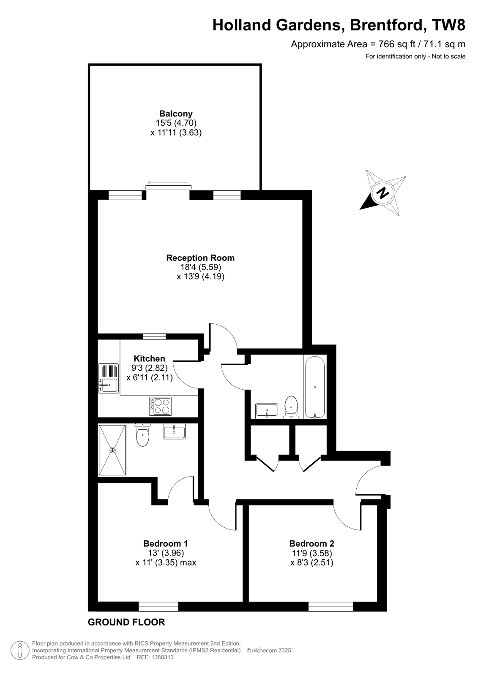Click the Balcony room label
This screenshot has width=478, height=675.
(x=176, y=114)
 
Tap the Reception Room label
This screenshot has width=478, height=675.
(x=200, y=258)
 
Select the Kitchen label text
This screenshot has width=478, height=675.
(x=150, y=359)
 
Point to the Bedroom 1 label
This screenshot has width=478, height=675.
(x=166, y=544)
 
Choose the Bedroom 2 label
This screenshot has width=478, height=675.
(x=311, y=544)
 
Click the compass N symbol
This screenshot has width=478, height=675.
(x=383, y=193)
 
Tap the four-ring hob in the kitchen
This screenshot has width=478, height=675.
(x=161, y=406)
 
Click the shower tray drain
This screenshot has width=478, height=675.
(x=112, y=450)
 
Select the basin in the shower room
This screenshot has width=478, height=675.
(x=174, y=432)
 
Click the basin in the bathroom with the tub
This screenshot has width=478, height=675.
(x=267, y=410)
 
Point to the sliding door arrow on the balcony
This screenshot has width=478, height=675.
(x=168, y=183)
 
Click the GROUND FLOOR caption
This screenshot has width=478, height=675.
(x=126, y=622)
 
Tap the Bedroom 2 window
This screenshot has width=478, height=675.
(x=331, y=607)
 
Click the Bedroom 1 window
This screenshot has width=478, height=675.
(x=158, y=607)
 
